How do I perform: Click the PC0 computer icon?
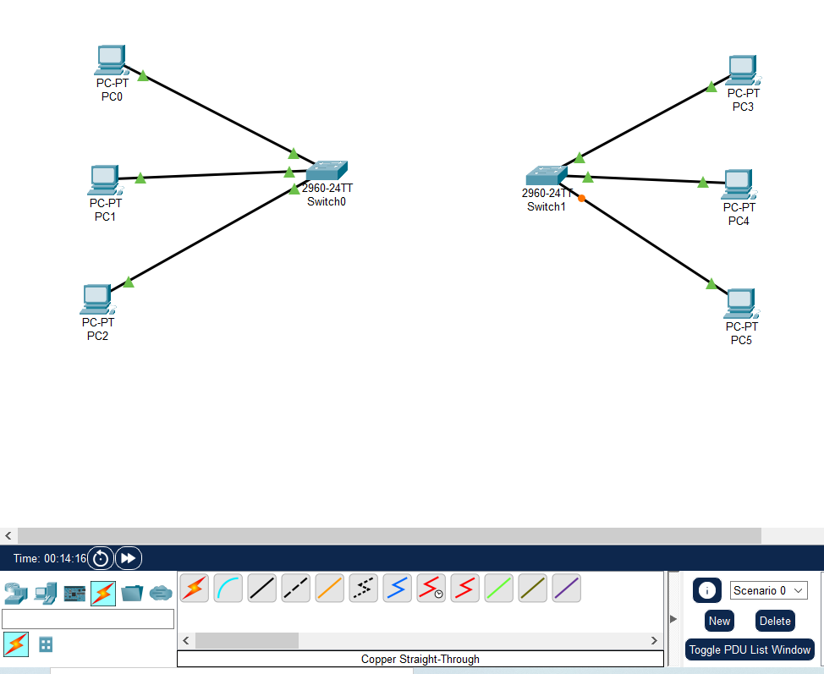pos(110,59)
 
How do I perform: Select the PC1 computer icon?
pos(103,179)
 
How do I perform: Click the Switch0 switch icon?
pos(327,169)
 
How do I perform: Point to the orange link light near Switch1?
pos(581,198)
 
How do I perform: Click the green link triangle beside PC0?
pos(142,75)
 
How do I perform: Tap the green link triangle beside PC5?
pos(711,283)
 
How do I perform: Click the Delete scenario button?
pos(775,621)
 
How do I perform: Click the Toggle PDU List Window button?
pos(750,649)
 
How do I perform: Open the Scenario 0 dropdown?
pos(768,590)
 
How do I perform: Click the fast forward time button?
pos(129,558)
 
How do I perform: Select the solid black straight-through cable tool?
pos(262,588)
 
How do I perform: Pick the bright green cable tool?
pos(499,588)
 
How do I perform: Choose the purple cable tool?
pos(567,588)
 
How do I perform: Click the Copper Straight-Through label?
pos(420,659)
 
